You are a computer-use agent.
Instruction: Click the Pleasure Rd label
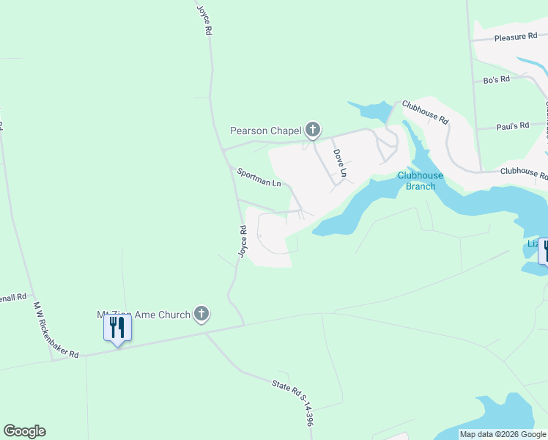pos(510,37)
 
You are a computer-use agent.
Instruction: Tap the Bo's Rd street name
pos(496,79)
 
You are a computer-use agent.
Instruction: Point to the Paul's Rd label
pos(512,126)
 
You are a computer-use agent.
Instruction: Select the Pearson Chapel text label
pos(265,131)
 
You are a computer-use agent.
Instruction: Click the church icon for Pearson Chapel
pos(313,131)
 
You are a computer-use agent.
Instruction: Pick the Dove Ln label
pos(339,164)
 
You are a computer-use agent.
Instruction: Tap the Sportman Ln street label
pos(259,177)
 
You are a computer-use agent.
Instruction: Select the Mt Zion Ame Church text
pos(144,315)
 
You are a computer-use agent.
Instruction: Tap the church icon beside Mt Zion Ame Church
pos(201,315)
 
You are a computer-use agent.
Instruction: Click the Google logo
pos(24,431)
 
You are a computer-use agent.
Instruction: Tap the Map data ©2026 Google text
pos(503,434)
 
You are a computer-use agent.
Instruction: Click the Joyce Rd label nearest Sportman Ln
pos(242,241)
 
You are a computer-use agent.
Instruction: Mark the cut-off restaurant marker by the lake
pos(544,251)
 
